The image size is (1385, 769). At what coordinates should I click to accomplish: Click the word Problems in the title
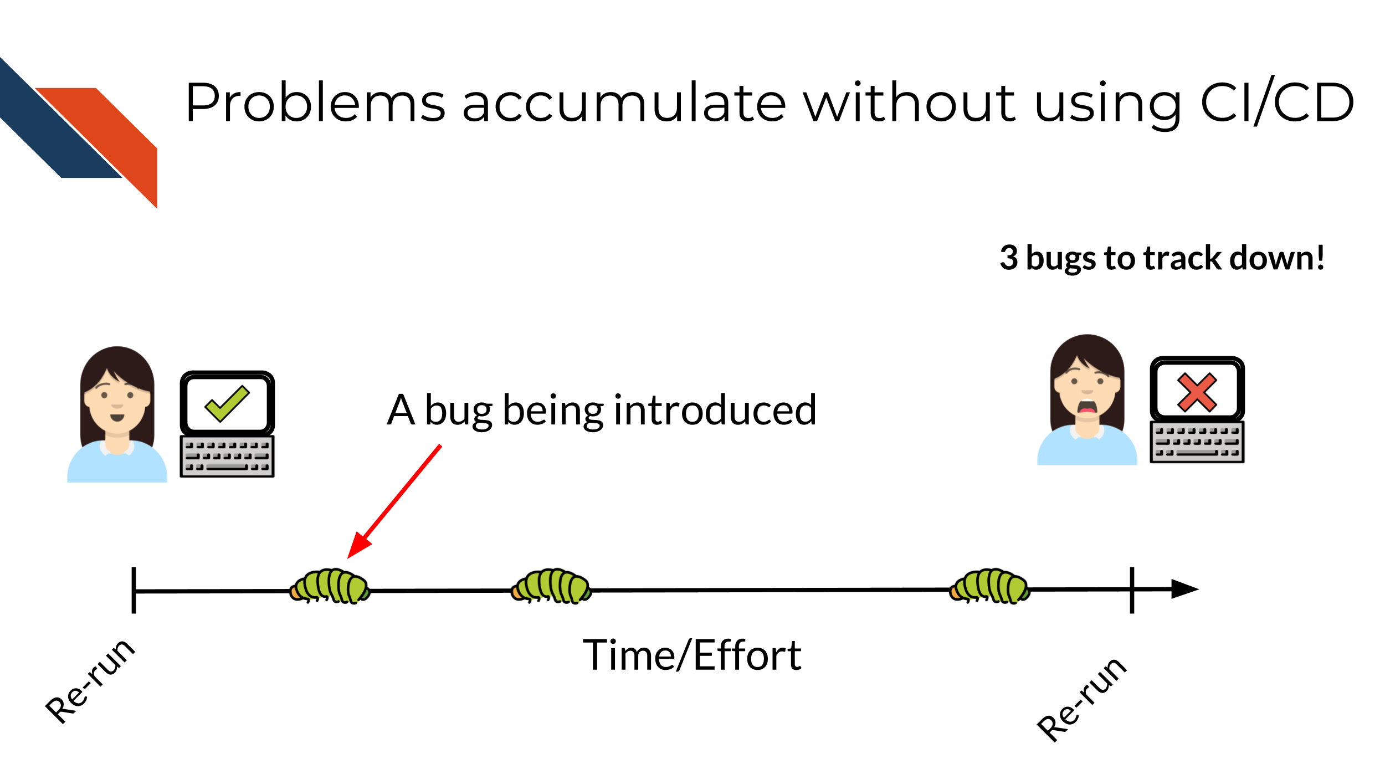(x=315, y=102)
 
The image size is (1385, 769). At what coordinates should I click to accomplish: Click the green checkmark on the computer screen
(x=227, y=403)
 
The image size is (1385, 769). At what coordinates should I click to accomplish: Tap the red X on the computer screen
(x=1197, y=392)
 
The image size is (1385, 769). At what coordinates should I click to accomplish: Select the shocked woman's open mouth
(x=1087, y=407)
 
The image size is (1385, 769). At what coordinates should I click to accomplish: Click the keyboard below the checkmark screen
(x=227, y=456)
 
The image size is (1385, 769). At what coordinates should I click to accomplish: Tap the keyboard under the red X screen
(x=1197, y=442)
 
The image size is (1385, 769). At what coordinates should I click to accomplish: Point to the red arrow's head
(x=359, y=545)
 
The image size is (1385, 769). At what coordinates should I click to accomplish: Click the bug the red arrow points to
(x=330, y=586)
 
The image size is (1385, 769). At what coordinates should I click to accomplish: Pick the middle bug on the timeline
(x=551, y=586)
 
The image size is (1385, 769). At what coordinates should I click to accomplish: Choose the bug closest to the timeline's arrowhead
(x=989, y=586)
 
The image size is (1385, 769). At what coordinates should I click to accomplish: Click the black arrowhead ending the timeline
(x=1184, y=589)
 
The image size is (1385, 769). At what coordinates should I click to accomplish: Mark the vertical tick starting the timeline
(x=134, y=590)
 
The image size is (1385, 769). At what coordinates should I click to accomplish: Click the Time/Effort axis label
(x=692, y=655)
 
